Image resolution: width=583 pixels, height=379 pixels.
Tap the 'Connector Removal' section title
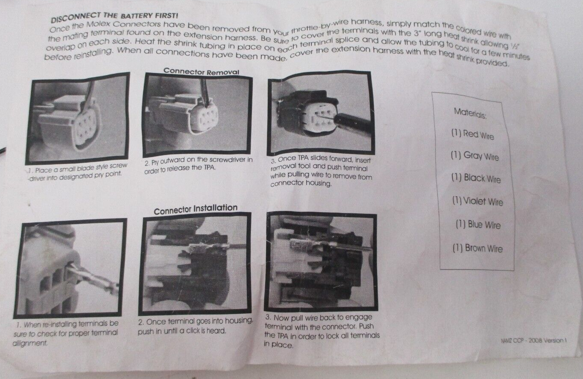tap(201, 71)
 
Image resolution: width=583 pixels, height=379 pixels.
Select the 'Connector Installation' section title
tap(196, 209)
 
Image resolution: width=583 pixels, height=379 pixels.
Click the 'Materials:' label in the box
tap(470, 113)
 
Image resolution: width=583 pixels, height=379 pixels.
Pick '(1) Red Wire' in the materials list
tap(472, 134)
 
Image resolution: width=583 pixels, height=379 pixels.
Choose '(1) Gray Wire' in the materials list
tap(475, 156)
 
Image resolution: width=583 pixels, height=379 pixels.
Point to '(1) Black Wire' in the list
tap(476, 178)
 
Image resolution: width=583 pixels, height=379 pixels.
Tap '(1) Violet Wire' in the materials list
tap(478, 201)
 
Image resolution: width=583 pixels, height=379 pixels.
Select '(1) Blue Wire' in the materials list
tap(478, 224)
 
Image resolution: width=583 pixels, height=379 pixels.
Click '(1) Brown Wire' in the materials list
tap(478, 248)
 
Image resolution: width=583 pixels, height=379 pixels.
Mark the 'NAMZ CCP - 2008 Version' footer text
tap(533, 341)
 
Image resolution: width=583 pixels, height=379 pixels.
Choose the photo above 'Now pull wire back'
tap(320, 263)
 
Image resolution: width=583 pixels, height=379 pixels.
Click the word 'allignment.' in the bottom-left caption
tap(30, 344)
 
